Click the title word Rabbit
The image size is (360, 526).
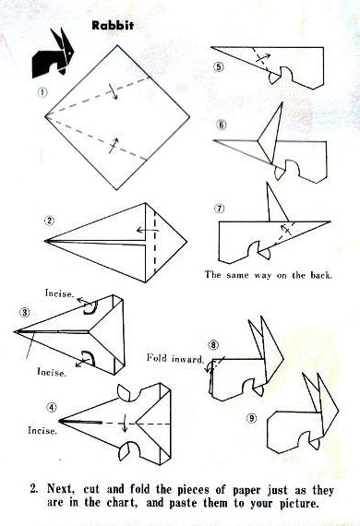coord(113,26)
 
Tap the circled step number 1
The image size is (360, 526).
coord(42,92)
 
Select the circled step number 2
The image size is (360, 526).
coord(50,221)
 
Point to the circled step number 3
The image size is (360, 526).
coord(25,313)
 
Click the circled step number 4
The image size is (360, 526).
coord(52,407)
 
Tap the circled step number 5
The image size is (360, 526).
coord(219,66)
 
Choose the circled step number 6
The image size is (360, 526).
coord(222,125)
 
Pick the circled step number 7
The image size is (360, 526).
coord(220,209)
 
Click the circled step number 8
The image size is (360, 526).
coord(213,344)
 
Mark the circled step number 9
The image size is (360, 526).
coord(252,418)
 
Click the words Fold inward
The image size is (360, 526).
coord(175,359)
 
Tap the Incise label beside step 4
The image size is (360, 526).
coord(42,430)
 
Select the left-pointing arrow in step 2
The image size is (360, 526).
coord(148,230)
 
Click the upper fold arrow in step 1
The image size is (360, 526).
coord(113,91)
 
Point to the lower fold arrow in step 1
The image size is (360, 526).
coord(113,145)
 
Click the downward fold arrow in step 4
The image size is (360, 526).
coord(124,424)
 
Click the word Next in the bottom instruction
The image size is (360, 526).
coord(60,489)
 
